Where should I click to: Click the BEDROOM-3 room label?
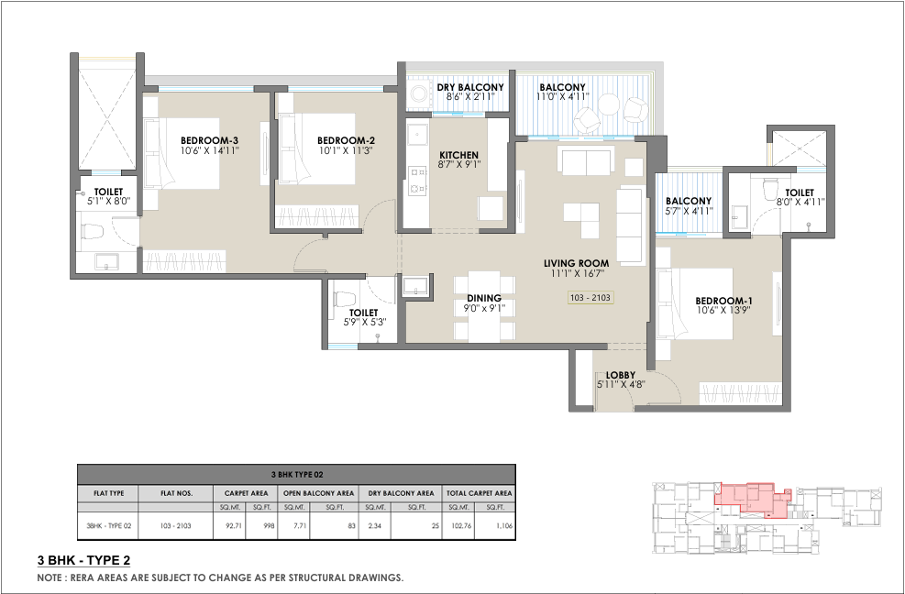point(209,140)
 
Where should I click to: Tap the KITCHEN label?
point(458,155)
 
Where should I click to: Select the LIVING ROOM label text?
point(576,263)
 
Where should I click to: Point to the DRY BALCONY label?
point(470,87)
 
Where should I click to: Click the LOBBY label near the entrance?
point(621,375)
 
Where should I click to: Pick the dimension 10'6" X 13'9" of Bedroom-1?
point(723,310)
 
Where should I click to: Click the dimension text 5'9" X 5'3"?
point(364,322)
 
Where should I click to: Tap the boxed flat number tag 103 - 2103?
point(590,298)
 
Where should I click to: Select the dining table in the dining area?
point(484,306)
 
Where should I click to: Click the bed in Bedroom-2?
point(317,148)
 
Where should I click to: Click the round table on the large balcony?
point(608,104)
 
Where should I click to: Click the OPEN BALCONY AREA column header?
point(318,493)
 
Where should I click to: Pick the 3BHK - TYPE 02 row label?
point(109,526)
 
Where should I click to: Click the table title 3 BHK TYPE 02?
point(297,475)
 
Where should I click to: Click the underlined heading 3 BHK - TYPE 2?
point(83,560)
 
